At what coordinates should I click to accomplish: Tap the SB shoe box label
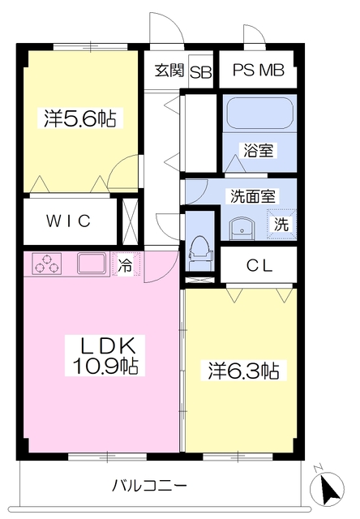coord(201,71)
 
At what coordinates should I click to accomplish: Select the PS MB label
coord(259,71)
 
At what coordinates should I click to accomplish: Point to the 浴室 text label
coord(258,150)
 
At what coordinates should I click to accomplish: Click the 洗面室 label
coord(252,195)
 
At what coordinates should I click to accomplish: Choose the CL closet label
coord(259,264)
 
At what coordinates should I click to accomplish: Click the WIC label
coord(67,221)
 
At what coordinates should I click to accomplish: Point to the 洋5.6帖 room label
coord(79,119)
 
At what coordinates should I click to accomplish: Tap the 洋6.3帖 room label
coord(240,371)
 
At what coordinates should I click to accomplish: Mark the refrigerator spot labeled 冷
coord(126,264)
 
